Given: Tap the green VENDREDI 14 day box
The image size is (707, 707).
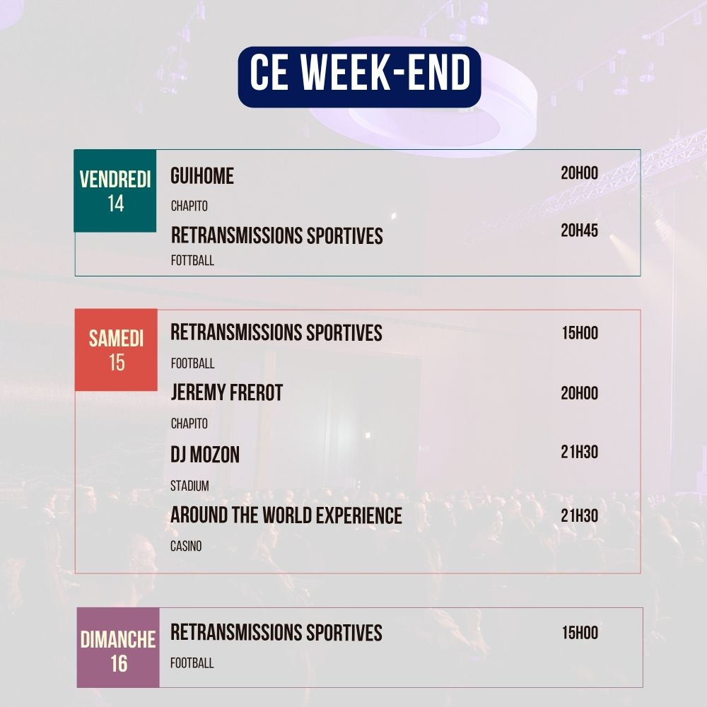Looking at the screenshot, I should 115,191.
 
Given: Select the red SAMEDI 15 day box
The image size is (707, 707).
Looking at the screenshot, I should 116,350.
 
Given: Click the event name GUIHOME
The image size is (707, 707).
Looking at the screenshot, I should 202,176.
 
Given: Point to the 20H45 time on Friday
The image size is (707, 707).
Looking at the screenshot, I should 579,230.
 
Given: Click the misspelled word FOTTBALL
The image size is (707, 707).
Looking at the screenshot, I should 192,261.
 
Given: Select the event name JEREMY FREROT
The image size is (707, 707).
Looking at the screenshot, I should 226,393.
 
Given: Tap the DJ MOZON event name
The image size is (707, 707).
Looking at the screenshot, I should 205,455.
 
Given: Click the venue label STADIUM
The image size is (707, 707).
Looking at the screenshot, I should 189,486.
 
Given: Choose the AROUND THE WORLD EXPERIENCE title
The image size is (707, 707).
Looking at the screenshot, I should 286,516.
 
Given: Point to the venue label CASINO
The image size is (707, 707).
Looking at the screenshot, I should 186,547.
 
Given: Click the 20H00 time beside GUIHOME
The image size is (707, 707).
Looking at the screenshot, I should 579,173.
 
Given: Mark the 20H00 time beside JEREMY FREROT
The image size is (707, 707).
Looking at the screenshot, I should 579,394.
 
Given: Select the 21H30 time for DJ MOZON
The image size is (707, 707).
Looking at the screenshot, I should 579,452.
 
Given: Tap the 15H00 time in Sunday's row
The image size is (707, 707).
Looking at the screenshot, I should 580,633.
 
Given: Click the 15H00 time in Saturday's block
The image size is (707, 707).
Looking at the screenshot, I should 580,333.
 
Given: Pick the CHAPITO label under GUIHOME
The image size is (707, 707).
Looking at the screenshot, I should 189,206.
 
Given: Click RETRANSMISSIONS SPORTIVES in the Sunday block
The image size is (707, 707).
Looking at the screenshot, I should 276,633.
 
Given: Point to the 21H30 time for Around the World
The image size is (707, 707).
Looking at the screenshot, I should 579,516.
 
